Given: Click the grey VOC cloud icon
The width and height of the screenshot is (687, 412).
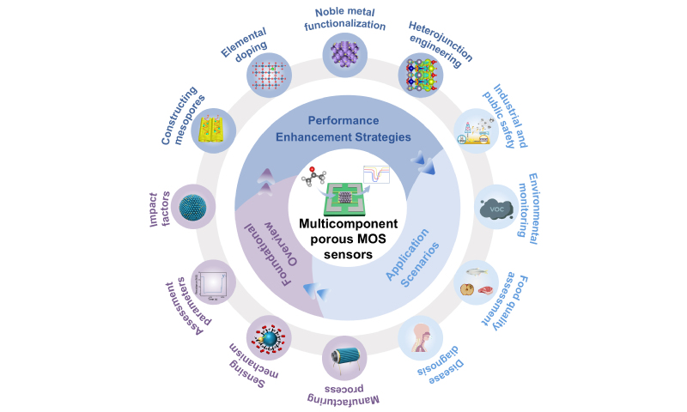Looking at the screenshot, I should pos(497,207).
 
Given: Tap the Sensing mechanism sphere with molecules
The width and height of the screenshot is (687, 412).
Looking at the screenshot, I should pos(268,336).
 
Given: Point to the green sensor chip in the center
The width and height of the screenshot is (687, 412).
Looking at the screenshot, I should pos(343,191).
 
